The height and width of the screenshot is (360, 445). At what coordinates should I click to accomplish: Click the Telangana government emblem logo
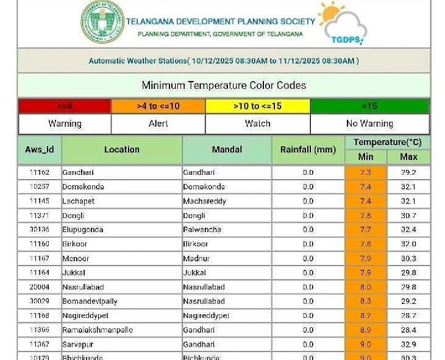pos(102,22)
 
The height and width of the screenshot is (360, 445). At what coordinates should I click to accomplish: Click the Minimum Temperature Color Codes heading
pos(224,85)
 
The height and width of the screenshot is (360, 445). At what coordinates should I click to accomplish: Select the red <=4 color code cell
pos(65,106)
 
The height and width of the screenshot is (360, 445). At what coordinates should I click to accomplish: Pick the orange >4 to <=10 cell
pos(158,106)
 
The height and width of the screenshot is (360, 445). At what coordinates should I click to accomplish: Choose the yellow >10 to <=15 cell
pos(257,106)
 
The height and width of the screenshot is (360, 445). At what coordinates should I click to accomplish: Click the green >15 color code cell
pos(369,106)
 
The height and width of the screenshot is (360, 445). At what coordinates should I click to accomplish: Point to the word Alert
pos(158,124)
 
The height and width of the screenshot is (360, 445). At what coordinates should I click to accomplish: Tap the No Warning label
pos(369,124)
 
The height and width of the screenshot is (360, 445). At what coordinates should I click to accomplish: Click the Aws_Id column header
pos(40,150)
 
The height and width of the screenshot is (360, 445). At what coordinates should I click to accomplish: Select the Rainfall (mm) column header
pos(308,150)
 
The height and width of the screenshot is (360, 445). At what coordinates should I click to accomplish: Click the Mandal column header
pos(227,150)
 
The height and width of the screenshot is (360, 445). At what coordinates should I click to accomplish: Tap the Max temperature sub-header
pos(408,157)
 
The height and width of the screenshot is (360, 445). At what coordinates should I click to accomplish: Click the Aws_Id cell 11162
pos(40,172)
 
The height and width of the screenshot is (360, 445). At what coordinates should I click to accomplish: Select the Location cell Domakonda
pos(84,187)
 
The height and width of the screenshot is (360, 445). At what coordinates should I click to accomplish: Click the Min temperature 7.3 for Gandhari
pos(366,172)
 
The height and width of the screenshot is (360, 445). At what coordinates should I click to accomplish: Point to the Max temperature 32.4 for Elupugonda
pos(408,230)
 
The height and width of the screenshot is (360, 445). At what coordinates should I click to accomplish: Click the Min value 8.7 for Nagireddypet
pos(366,316)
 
